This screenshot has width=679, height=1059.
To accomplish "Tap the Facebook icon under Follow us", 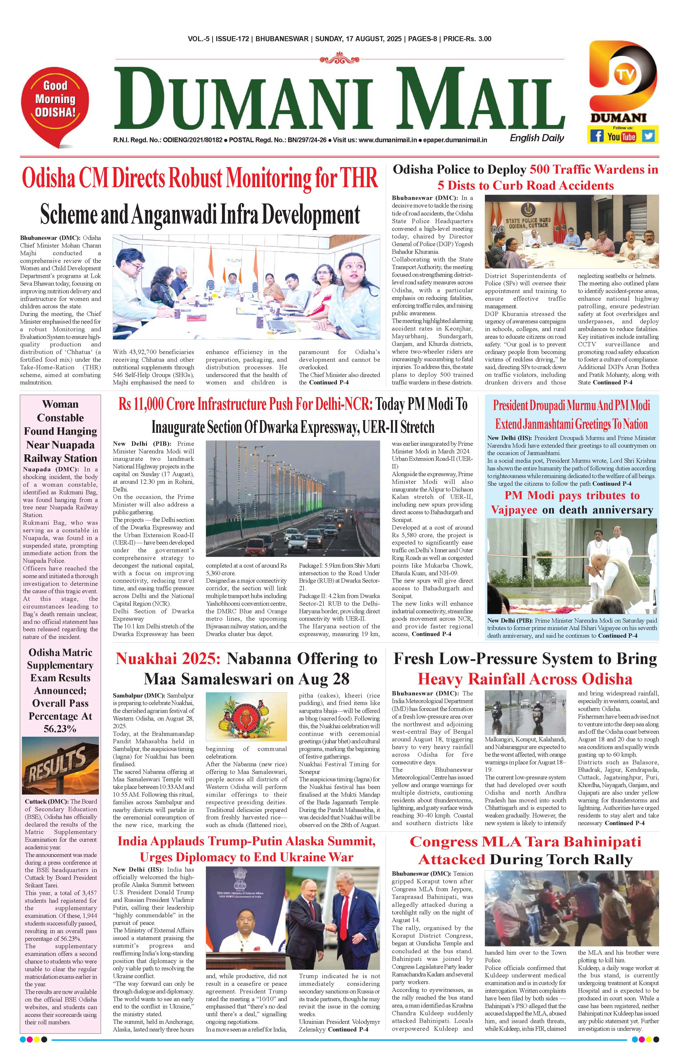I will point(596,136).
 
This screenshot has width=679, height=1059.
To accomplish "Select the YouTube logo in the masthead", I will point(622,136).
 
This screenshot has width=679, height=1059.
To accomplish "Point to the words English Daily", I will point(537,138).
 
